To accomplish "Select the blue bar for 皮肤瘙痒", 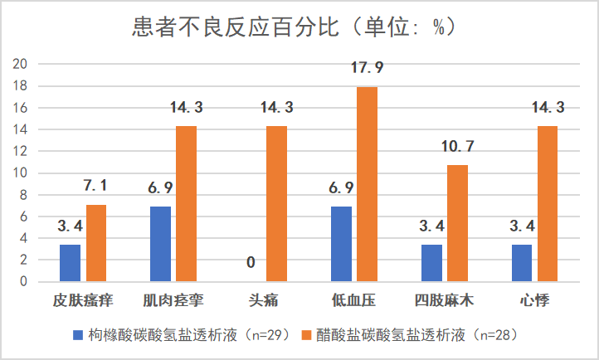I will click(70, 263).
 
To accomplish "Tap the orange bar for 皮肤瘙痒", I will click(96, 243).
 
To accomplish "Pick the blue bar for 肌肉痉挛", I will click(160, 244).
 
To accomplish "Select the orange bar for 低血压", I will click(367, 184).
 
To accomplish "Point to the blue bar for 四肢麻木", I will click(431, 263).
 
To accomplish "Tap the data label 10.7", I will click(457, 147).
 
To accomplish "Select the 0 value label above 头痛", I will click(251, 264).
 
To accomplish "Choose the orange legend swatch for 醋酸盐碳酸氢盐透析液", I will click(304, 335).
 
